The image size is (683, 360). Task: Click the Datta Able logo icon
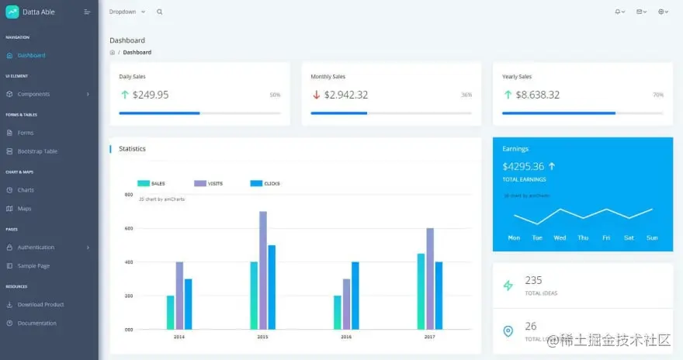pyautogui.click(x=12, y=12)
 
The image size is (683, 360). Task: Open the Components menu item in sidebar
pyautogui.click(x=33, y=94)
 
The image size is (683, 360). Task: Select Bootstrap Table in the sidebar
pyautogui.click(x=37, y=151)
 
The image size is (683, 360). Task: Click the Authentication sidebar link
pyautogui.click(x=36, y=247)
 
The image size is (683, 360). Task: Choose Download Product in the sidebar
pyautogui.click(x=40, y=305)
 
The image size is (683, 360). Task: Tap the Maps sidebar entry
pyautogui.click(x=24, y=209)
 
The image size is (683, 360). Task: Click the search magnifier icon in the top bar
pyautogui.click(x=160, y=12)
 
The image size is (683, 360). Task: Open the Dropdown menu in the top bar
pyautogui.click(x=127, y=12)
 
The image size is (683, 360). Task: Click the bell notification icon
pyautogui.click(x=618, y=12)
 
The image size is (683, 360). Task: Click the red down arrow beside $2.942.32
pyautogui.click(x=316, y=95)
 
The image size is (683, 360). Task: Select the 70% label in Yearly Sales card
pyautogui.click(x=657, y=95)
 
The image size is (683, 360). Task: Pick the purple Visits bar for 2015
pyautogui.click(x=262, y=270)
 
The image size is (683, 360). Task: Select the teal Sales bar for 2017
pyautogui.click(x=421, y=291)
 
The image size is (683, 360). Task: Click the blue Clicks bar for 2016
pyautogui.click(x=355, y=295)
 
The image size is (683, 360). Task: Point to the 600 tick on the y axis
pyautogui.click(x=128, y=228)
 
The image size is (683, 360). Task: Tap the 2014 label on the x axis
pyautogui.click(x=179, y=337)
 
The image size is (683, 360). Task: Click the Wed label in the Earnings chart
pyautogui.click(x=560, y=237)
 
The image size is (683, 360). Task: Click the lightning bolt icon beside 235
pyautogui.click(x=508, y=286)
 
